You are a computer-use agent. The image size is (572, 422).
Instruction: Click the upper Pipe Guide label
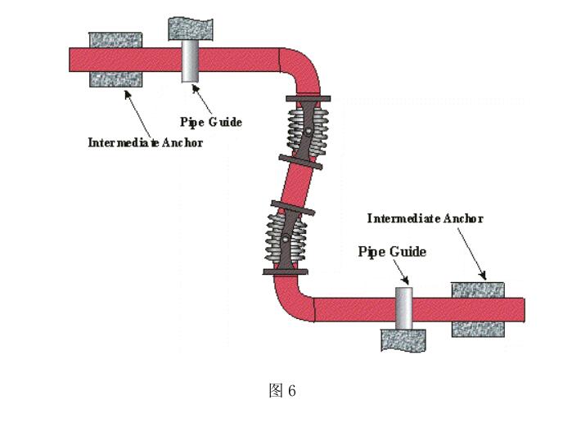point(211,122)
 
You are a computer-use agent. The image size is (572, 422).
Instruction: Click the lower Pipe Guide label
point(392,252)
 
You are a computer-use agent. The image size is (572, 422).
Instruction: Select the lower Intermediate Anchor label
point(425,218)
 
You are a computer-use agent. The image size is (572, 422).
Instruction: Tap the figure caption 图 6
point(282,391)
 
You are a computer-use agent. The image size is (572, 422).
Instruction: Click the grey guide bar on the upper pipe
point(190,60)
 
